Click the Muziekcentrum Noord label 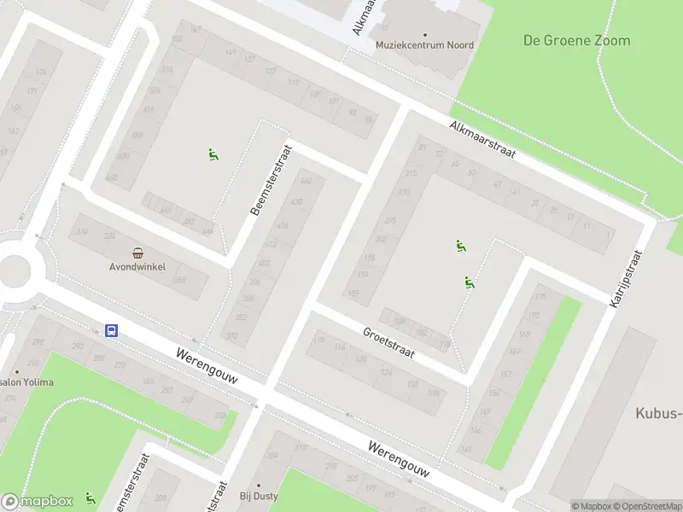click(425, 45)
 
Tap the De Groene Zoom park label click(577, 40)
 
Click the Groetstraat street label click(388, 343)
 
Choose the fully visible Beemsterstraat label click(271, 180)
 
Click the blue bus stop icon click(111, 330)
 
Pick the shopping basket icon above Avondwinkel click(137, 253)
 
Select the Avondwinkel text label click(137, 266)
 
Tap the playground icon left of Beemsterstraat click(213, 154)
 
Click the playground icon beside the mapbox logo click(90, 498)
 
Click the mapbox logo click(38, 502)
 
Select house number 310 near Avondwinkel click(82, 232)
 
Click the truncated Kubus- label click(658, 414)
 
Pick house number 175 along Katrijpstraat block click(540, 297)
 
